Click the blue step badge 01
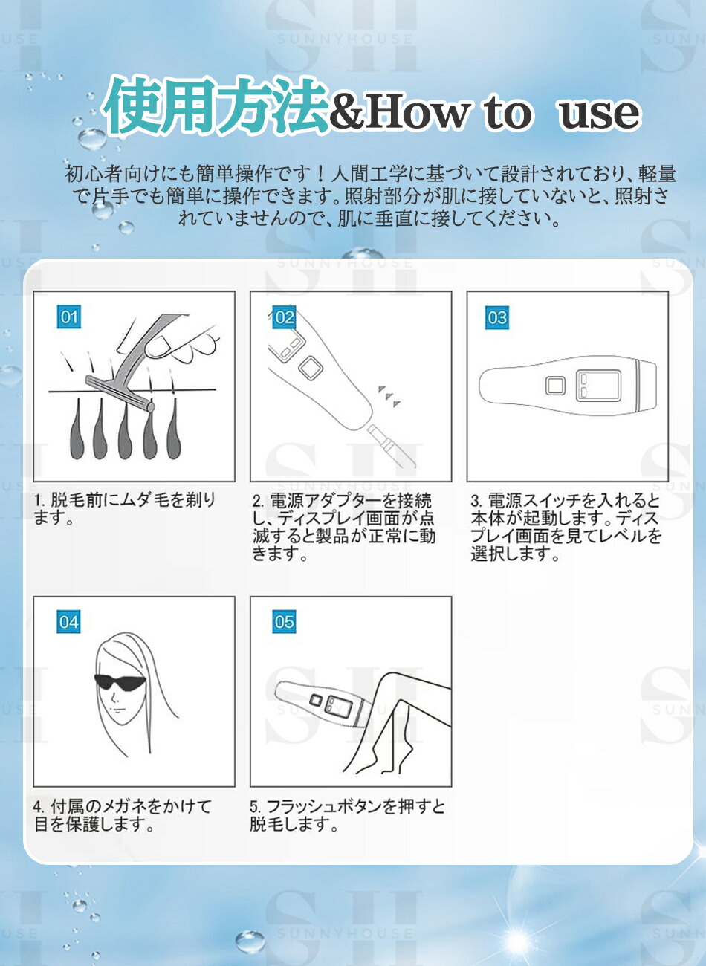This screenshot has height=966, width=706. coord(69,317)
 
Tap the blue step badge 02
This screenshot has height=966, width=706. coord(285,317)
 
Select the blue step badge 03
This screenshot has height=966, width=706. coord(497,317)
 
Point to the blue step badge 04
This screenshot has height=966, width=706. coord(68,622)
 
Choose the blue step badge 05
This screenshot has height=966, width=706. coord(285,622)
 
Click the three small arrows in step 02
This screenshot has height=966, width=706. coord(389,396)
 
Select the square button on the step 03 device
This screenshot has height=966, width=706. coord(555,386)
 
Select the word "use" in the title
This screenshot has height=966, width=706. coord(599,113)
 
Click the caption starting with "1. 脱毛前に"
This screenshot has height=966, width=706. coord(124,509)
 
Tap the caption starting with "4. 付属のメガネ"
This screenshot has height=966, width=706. coord(123,815)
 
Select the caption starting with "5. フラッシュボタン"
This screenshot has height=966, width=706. coord(347,815)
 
